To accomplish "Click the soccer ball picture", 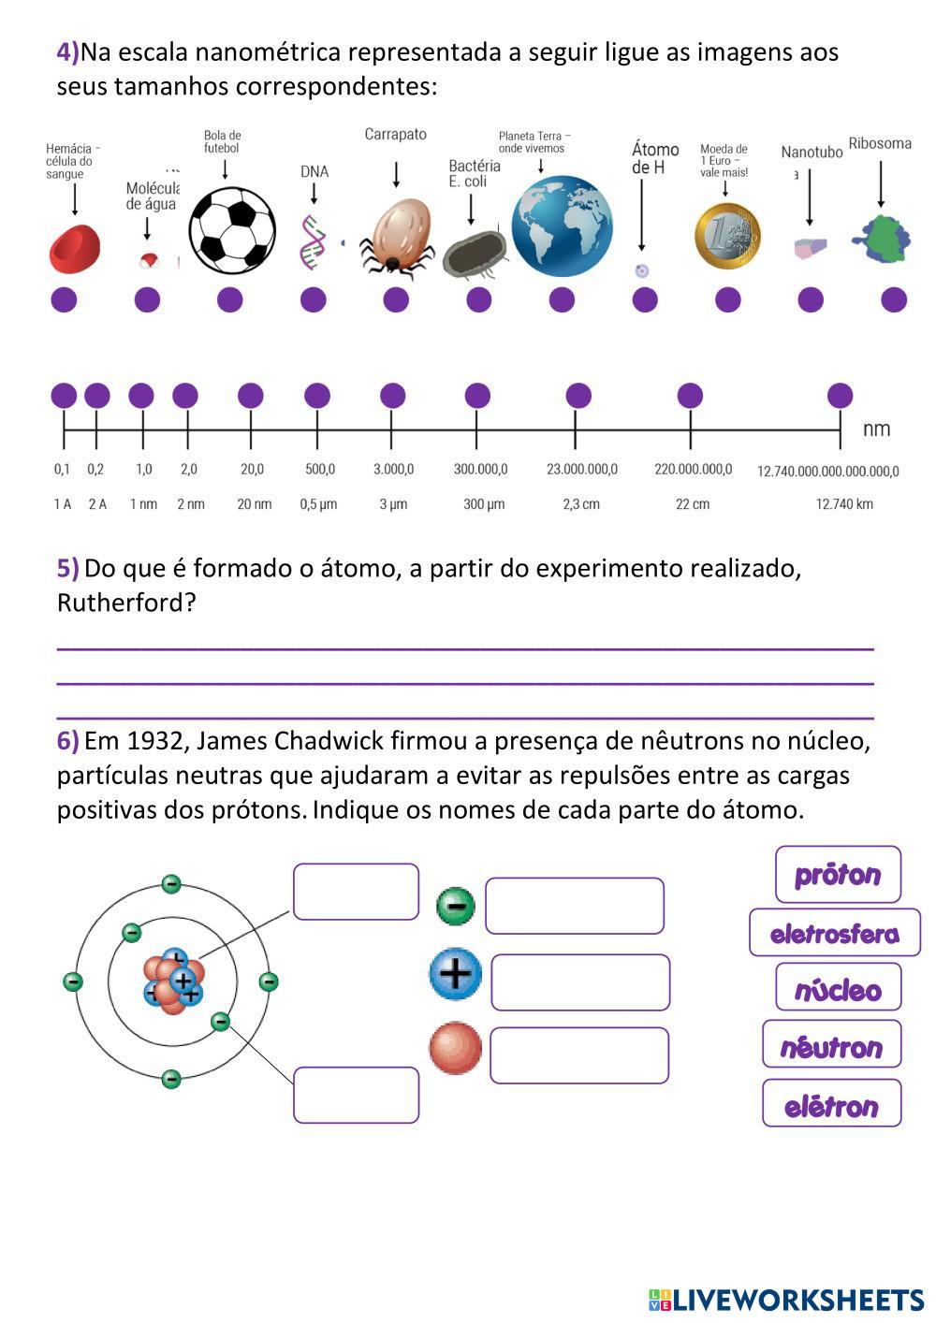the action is pos(232,231).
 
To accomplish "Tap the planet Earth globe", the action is pos(562,226).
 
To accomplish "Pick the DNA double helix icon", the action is pos(313,240).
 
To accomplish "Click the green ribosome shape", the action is pos(882,239).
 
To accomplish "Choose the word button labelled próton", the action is pos(838,875).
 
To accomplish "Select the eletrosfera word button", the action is pos(834,933).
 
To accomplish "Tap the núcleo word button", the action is pos(838,989).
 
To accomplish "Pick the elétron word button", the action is pos(831,1105).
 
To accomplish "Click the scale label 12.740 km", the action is pos(844,504).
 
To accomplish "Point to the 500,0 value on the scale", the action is pos(319,469).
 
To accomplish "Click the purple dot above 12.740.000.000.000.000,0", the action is pos(840,396).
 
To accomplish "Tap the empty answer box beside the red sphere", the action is pos(578,1055).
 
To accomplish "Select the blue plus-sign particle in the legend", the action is pos(455,974).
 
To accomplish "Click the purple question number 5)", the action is pos(67,568).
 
